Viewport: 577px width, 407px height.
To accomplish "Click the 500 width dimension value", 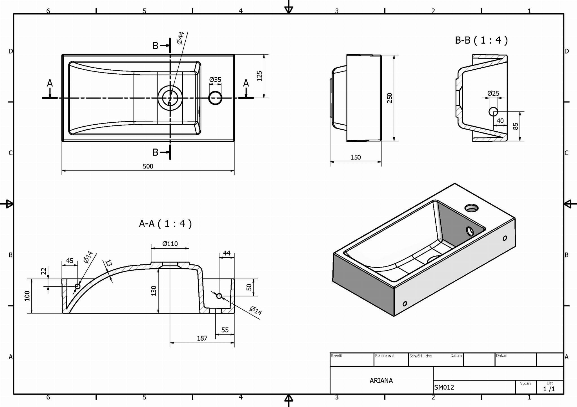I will pyautogui.click(x=148, y=166).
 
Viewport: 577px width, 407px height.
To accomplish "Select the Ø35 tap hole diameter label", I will pyautogui.click(x=215, y=80).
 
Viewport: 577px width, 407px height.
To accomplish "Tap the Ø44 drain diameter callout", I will pyautogui.click(x=181, y=38).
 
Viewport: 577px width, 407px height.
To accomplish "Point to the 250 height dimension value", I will pyautogui.click(x=389, y=98).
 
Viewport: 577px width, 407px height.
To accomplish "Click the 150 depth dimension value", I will pyautogui.click(x=356, y=158).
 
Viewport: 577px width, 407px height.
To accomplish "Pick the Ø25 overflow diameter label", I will pyautogui.click(x=493, y=93).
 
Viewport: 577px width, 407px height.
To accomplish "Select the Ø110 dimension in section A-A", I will pyautogui.click(x=170, y=244).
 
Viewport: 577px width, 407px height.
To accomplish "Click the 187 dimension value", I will pyautogui.click(x=202, y=338).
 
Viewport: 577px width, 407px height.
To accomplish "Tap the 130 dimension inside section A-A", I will pyautogui.click(x=154, y=291).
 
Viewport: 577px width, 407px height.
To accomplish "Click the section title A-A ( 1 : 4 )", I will pyautogui.click(x=165, y=224).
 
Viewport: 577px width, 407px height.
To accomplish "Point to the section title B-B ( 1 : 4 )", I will pyautogui.click(x=481, y=41).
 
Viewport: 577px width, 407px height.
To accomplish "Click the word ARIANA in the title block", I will pyautogui.click(x=381, y=381).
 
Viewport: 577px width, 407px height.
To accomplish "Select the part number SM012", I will pyautogui.click(x=444, y=388).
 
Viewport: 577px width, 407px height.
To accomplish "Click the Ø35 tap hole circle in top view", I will pyautogui.click(x=215, y=98).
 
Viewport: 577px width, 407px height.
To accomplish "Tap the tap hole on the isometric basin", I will pyautogui.click(x=471, y=208).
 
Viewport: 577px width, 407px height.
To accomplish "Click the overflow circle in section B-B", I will pyautogui.click(x=493, y=112).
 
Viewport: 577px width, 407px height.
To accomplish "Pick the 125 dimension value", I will pyautogui.click(x=259, y=76).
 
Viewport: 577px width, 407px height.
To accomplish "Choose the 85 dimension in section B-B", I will pyautogui.click(x=516, y=126).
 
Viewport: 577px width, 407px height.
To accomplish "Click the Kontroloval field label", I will pyautogui.click(x=385, y=356).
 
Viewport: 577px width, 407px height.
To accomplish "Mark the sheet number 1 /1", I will pyautogui.click(x=549, y=389).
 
